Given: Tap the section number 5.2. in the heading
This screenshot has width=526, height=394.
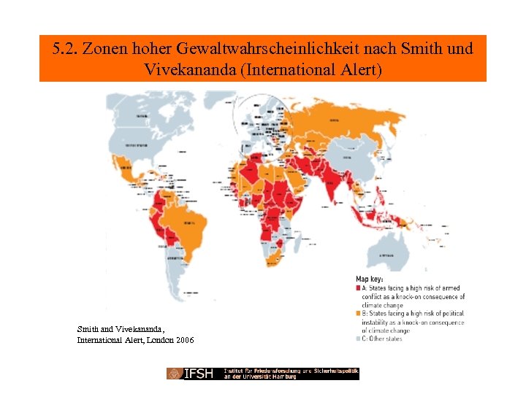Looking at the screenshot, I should (66, 50).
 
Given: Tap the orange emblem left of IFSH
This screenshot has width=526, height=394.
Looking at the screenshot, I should (174, 374).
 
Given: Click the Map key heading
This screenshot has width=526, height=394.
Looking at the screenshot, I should (369, 279).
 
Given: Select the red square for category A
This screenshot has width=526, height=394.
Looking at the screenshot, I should (358, 288).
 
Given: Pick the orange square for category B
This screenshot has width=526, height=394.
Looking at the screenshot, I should (358, 314).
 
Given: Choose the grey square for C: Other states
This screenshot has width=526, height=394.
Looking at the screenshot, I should (358, 339).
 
